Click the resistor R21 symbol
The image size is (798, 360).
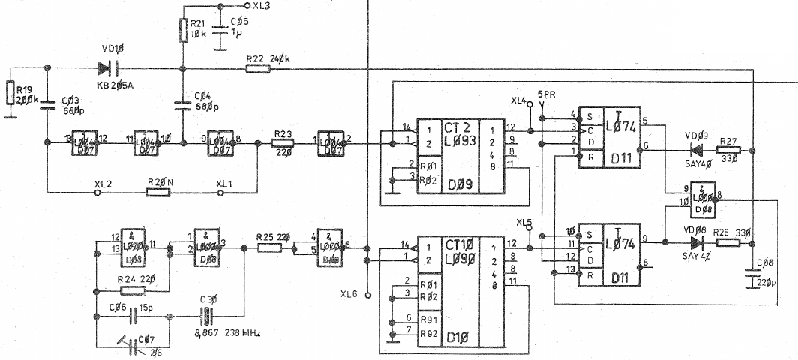point(182,31)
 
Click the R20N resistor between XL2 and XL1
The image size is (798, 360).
point(157,192)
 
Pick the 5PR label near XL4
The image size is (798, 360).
point(546,94)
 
